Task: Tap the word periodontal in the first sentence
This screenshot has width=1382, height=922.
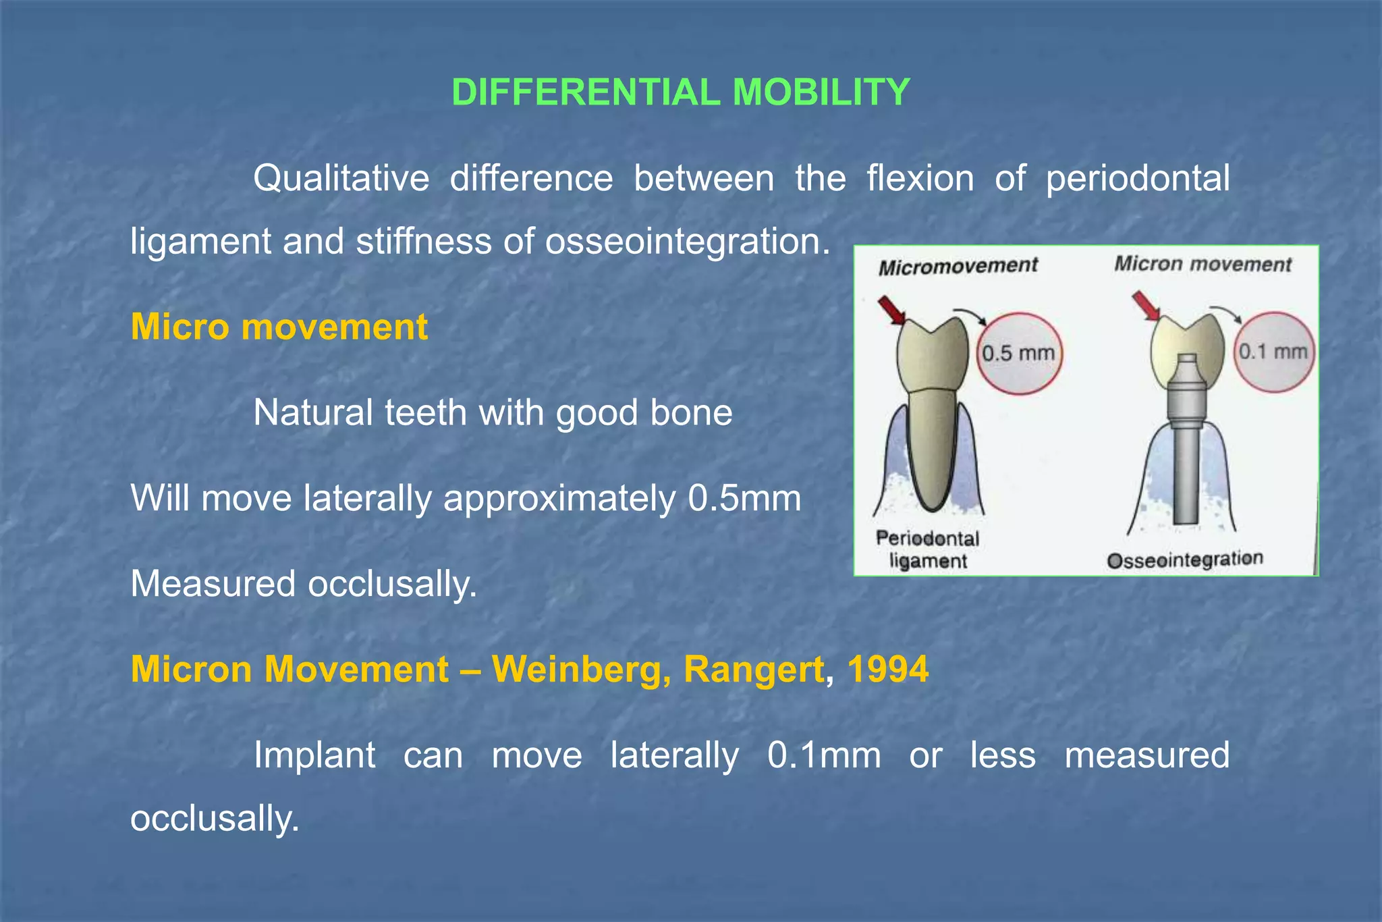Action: [1138, 179]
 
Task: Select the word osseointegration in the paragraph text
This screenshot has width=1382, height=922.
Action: [687, 242]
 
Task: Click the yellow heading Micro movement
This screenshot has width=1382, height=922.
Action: [279, 327]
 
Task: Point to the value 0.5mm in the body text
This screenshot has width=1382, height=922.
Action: [744, 499]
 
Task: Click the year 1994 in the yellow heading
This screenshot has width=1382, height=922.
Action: [887, 670]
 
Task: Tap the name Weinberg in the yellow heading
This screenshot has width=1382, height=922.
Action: [580, 670]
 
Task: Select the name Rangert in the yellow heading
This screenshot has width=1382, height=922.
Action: [754, 670]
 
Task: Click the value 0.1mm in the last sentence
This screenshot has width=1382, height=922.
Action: [824, 755]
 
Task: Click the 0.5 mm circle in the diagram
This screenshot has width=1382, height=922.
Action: [1019, 353]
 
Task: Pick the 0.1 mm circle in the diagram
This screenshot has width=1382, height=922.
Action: [1273, 352]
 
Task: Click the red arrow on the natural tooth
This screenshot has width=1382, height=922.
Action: [892, 311]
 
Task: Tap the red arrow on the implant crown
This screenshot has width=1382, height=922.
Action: [1146, 306]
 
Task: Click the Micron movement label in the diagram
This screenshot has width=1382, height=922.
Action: [1203, 264]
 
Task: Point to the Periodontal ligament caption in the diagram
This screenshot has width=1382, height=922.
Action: [928, 549]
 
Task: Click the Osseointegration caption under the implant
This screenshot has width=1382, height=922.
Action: [1185, 560]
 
